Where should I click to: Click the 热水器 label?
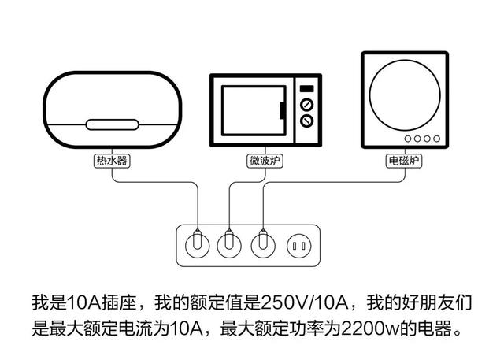(112, 161)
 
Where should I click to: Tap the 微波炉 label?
(265, 161)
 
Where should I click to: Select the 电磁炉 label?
(404, 161)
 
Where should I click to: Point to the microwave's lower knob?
(308, 121)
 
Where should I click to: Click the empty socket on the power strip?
(298, 247)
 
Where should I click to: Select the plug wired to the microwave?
(229, 245)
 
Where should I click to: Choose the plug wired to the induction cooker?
(263, 245)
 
